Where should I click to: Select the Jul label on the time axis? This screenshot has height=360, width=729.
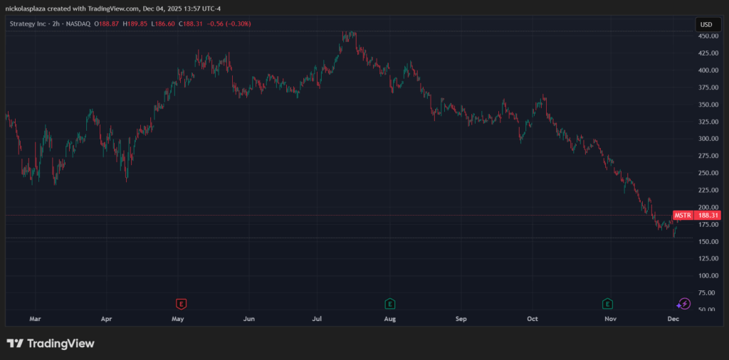click(318, 320)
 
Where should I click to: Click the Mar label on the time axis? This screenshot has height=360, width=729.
click(34, 320)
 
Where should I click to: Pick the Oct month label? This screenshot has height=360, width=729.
click(533, 320)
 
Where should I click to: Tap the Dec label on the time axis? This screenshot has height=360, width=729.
click(673, 320)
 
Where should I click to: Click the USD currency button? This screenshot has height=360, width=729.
click(706, 24)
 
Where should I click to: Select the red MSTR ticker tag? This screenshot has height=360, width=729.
click(682, 215)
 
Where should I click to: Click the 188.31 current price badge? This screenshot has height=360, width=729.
click(708, 215)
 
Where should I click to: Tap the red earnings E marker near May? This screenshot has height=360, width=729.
click(182, 304)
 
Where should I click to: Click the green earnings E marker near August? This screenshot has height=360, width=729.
click(389, 304)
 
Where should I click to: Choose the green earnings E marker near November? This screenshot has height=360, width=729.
click(608, 304)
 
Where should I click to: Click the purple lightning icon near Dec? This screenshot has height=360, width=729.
click(684, 304)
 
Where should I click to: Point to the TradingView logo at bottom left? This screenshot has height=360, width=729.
click(51, 344)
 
